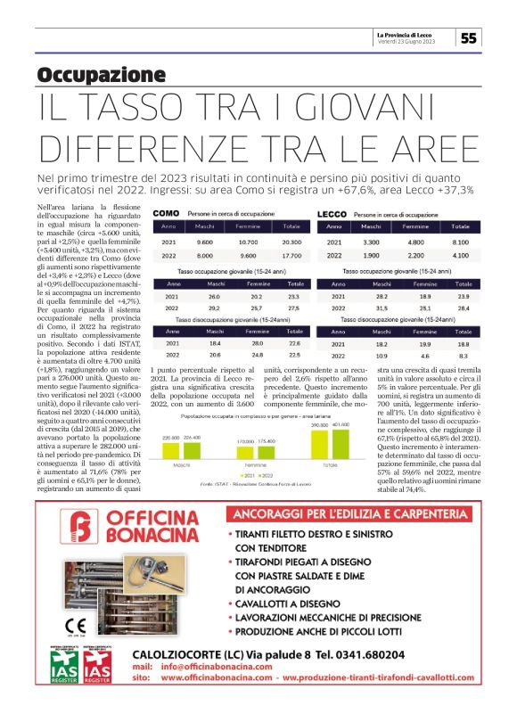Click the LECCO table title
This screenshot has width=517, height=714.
[x=332, y=215]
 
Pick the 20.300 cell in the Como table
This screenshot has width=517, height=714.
[x=286, y=242]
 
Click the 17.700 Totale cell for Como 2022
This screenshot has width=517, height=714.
[x=286, y=255]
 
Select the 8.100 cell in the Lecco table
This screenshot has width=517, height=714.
[x=460, y=242]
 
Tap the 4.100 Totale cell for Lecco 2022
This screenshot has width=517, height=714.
[x=460, y=255]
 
